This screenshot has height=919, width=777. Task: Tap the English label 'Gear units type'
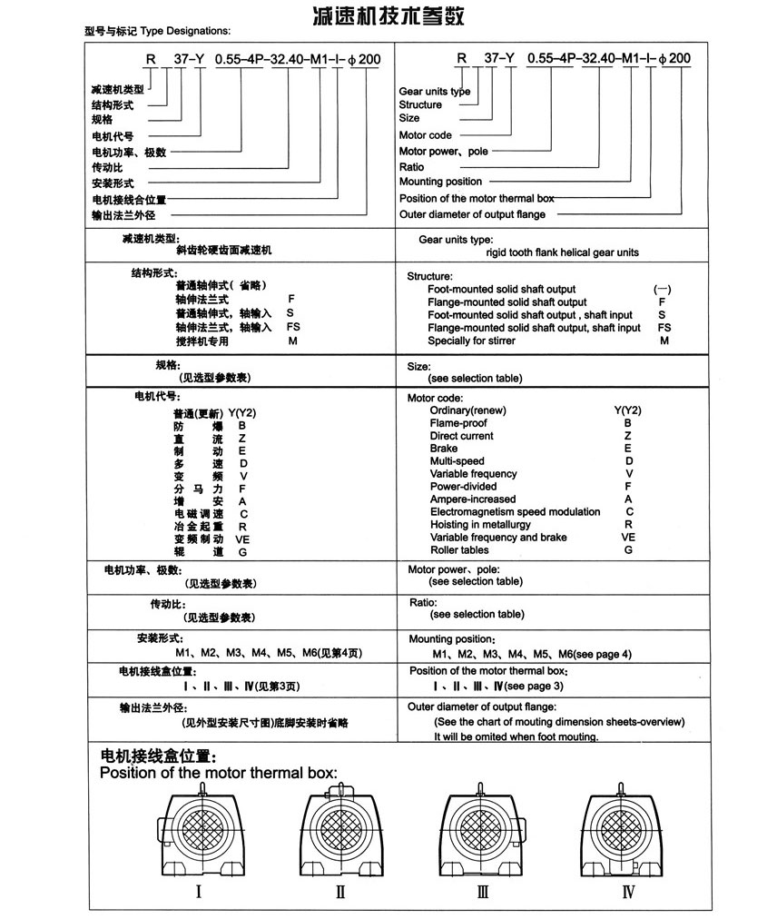pos(435,91)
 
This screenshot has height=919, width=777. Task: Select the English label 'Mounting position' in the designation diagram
pos(440,182)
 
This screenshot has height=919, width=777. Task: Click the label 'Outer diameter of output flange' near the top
pos(472,214)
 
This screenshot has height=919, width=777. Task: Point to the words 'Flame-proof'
pos(458,423)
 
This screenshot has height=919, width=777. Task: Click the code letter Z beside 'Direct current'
pos(628,436)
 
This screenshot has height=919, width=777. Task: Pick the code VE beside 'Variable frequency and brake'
pos(628,538)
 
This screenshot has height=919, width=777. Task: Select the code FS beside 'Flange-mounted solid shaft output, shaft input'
pos(664,328)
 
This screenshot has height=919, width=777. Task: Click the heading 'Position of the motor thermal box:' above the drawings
pos(218,774)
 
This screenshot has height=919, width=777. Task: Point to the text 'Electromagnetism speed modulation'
pos(515,512)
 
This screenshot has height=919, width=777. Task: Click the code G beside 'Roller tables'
pos(628,550)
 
